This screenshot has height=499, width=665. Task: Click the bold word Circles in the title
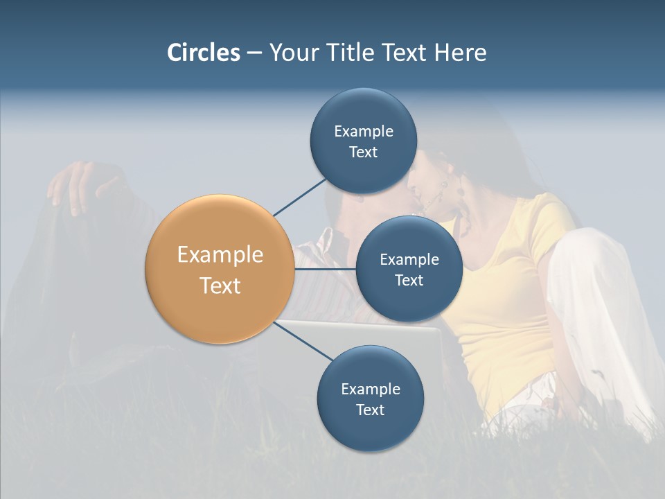click(204, 53)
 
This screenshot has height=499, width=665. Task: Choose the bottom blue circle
click(370, 430)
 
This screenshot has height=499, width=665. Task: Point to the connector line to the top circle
click(299, 197)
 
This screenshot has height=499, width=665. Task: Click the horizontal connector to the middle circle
click(325, 269)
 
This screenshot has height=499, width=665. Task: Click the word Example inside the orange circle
click(220, 255)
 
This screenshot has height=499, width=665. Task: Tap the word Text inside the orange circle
click(220, 286)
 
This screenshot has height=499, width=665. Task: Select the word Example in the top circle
click(364, 131)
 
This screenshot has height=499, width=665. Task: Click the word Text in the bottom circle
click(370, 410)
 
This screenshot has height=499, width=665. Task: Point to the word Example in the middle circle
click(409, 259)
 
